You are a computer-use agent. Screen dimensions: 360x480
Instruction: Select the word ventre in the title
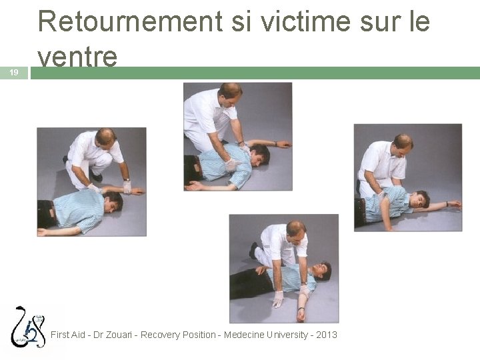coord(78,57)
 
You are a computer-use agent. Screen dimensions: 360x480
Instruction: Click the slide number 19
coord(14,73)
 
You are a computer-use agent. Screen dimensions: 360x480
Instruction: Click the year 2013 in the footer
coord(325,335)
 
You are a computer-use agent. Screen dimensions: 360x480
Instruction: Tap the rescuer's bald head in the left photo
coord(105,137)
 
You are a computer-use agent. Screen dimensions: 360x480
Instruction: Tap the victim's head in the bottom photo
coord(322,270)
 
